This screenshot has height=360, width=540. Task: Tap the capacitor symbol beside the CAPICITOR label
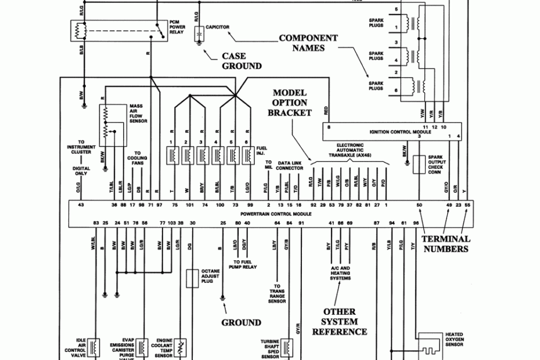coord(199,33)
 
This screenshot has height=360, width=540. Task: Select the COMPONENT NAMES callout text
coord(308,43)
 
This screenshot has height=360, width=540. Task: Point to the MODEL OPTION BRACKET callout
coord(290,103)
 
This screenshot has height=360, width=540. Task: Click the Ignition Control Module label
coord(400,132)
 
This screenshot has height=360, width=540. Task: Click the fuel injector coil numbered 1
coord(172,155)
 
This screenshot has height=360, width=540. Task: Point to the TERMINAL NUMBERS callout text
coord(445,244)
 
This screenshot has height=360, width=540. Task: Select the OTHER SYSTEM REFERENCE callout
coord(340,322)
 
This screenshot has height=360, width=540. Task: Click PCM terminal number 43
coord(81,205)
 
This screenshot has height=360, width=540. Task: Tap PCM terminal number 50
coord(419,205)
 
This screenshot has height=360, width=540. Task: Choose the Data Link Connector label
coord(290,165)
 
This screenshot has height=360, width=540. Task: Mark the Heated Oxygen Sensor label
coord(454,340)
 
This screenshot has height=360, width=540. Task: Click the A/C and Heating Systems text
coord(340,273)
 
